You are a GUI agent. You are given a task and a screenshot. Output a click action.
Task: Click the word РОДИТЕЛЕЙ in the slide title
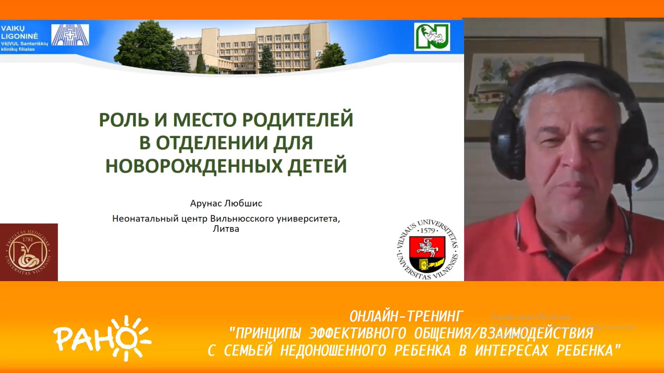[297, 119]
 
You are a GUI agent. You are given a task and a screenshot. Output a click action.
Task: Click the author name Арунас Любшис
[226, 203]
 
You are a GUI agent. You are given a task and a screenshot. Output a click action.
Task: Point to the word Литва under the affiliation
[226, 229]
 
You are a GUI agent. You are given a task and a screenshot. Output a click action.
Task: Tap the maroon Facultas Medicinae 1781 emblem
[29, 252]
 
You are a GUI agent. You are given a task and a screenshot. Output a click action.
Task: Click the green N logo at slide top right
[432, 37]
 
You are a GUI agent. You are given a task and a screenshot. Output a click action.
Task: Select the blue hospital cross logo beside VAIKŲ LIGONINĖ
[70, 35]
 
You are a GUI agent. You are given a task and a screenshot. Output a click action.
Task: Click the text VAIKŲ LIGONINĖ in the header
[19, 32]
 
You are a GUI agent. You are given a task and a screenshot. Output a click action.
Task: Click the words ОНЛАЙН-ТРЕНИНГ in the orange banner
[406, 316]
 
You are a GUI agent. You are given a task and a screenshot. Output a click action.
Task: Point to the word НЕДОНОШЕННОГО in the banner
[333, 351]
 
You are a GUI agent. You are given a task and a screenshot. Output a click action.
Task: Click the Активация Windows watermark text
[531, 316]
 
